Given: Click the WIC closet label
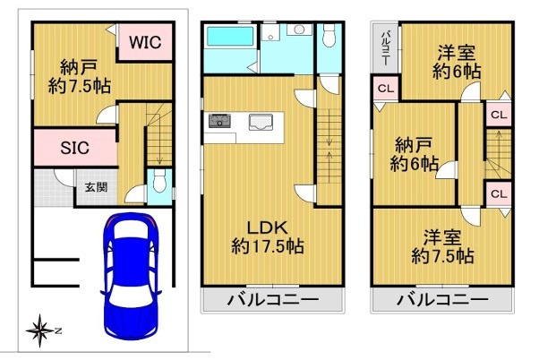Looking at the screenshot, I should (143, 42).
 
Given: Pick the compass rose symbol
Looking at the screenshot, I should (40, 331).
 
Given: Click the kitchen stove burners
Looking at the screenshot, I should (220, 121).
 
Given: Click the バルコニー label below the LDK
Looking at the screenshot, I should (271, 299).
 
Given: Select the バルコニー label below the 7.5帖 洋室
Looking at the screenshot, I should (442, 299).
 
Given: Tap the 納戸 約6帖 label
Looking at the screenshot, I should (414, 154).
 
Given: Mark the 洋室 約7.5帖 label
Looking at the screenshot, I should (442, 247).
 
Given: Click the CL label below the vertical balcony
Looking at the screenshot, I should (384, 89).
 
